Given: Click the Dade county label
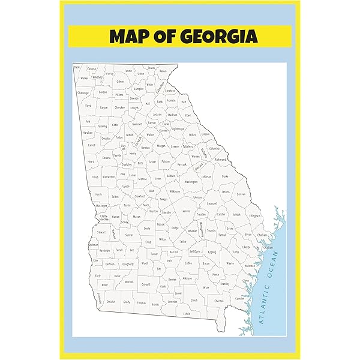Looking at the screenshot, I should coord(77,67).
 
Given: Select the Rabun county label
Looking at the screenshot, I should coord(163,71).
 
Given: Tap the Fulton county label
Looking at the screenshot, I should coord(119,137).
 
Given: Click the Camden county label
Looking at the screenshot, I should coord(240,298).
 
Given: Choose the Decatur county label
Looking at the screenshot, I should coord(110,302).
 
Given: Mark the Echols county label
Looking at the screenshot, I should coord(187,314).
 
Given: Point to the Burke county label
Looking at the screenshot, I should coord(225,177).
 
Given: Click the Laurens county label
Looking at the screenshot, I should coord(185,211).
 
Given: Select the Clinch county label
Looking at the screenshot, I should coord(193,300).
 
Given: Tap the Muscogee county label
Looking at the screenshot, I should coord(102,206).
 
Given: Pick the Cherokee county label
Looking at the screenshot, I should coord(119,108).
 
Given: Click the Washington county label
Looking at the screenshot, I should coord(191,182).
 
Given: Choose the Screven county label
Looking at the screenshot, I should coord(241,194).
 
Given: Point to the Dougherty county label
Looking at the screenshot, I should coord(128,264).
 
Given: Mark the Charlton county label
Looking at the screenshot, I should coord(219,301).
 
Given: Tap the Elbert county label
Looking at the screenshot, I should coord(188,115).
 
